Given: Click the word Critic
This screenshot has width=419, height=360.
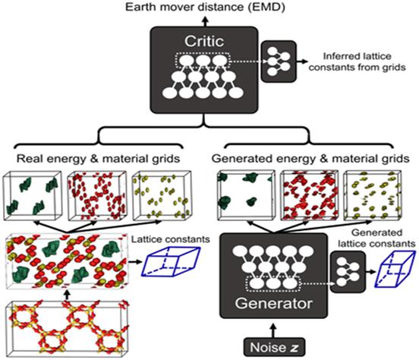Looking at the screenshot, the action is pyautogui.click(x=204, y=41).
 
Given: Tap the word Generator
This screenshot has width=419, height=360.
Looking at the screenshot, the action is pyautogui.click(x=273, y=303).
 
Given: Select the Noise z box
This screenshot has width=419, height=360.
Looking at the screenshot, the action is pyautogui.click(x=274, y=347).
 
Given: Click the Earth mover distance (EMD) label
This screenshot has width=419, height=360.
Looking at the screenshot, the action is pyautogui.click(x=205, y=8).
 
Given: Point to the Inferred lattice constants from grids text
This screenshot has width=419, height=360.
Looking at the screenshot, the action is pyautogui.click(x=357, y=62).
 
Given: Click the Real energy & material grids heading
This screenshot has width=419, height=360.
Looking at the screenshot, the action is pyautogui.click(x=98, y=159).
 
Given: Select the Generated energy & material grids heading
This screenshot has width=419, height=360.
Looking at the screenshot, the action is pyautogui.click(x=310, y=159).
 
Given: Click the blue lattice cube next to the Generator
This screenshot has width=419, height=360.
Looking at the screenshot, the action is pyautogui.click(x=395, y=269).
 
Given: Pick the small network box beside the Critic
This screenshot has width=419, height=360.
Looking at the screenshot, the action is pyautogui.click(x=279, y=62).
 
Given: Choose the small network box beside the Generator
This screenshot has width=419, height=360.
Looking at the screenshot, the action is pyautogui.click(x=348, y=272).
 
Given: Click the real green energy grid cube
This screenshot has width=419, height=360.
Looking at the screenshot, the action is pyautogui.click(x=32, y=196).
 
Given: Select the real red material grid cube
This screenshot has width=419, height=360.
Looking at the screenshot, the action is pyautogui.click(x=97, y=196).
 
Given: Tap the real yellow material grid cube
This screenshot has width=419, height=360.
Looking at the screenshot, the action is pyautogui.click(x=162, y=196).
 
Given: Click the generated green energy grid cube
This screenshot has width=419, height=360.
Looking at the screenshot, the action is pyautogui.click(x=246, y=195).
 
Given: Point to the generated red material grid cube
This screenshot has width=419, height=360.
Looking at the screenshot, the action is pyautogui.click(x=309, y=195).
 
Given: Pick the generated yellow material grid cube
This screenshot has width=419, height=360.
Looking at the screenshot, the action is pyautogui.click(x=372, y=195).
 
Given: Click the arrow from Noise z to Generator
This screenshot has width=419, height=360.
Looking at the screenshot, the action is pyautogui.click(x=273, y=330).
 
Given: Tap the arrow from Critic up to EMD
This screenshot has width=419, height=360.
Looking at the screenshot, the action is pyautogui.click(x=205, y=21).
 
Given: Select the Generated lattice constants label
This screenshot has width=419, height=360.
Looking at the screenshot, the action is pyautogui.click(x=376, y=238).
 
